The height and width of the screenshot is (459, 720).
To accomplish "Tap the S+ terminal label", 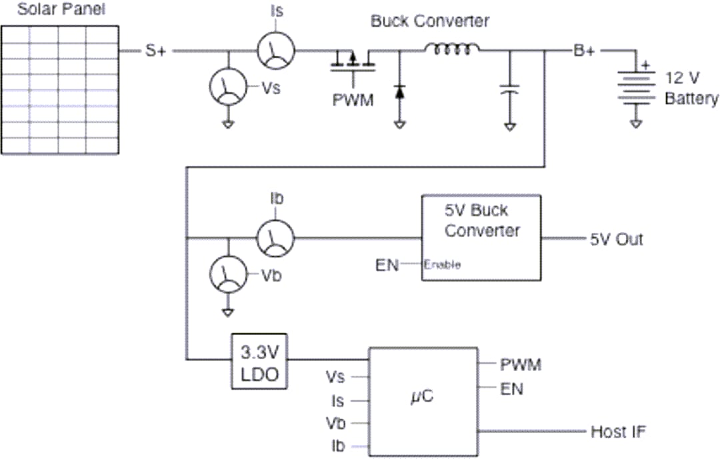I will point(156,51).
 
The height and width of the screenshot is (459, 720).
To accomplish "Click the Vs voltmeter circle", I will point(228,87).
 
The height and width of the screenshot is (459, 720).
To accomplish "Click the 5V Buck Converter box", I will point(481,238).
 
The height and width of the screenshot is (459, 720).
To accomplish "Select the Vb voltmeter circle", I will point(228,274).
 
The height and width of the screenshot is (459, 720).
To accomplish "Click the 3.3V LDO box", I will point(259,360).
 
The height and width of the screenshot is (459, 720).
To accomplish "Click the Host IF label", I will point(618,432).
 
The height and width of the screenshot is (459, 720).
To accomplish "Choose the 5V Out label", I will point(616,238).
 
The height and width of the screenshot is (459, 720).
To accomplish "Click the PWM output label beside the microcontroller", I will point(521,364).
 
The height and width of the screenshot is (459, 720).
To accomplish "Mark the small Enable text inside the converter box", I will point(443,264).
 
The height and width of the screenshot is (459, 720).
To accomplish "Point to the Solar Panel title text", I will point(61,9).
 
